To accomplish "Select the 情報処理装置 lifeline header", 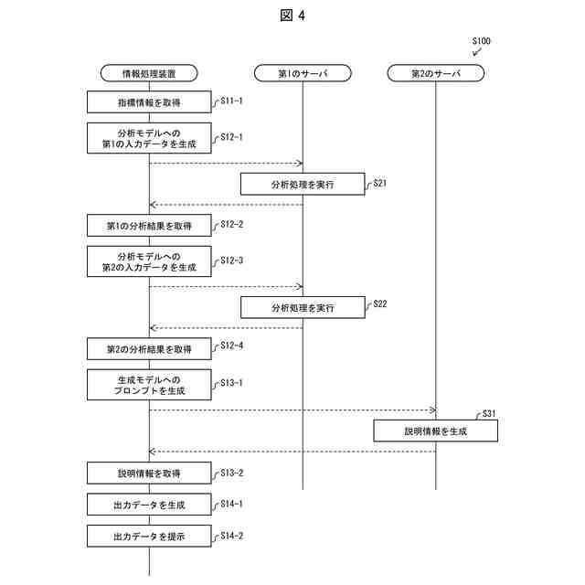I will (149, 72).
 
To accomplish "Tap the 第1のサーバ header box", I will (303, 72).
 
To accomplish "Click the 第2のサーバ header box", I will (435, 72).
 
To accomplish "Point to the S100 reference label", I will (481, 41).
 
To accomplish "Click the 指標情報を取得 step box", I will (149, 102).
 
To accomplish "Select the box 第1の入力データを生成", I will (149, 137).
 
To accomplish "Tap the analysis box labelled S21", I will (303, 184).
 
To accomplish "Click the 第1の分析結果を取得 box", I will (149, 226).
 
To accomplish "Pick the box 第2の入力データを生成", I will (149, 261).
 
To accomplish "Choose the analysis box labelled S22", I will (303, 307).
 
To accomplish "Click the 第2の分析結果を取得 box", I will (149, 349).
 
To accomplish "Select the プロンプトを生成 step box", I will (149, 384).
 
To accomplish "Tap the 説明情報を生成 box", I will (435, 431).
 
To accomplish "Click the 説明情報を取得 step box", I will (149, 473).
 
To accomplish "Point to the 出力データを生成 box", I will (149, 505).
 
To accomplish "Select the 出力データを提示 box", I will (149, 537).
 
